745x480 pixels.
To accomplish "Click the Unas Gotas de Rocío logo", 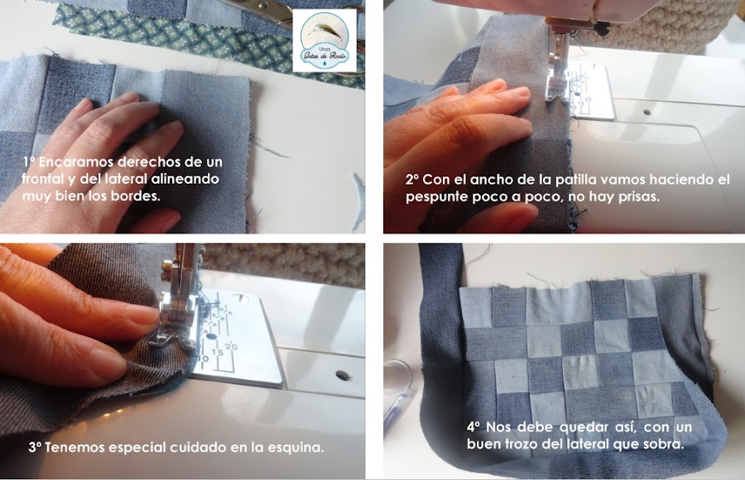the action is [324, 41].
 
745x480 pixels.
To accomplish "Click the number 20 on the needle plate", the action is [231, 346].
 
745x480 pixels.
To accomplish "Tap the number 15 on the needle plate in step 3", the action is [218, 353].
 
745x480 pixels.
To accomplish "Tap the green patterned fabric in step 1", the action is [190, 36].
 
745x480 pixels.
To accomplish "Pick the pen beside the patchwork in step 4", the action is [397, 407].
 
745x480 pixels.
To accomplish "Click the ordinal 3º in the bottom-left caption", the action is [35, 448].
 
